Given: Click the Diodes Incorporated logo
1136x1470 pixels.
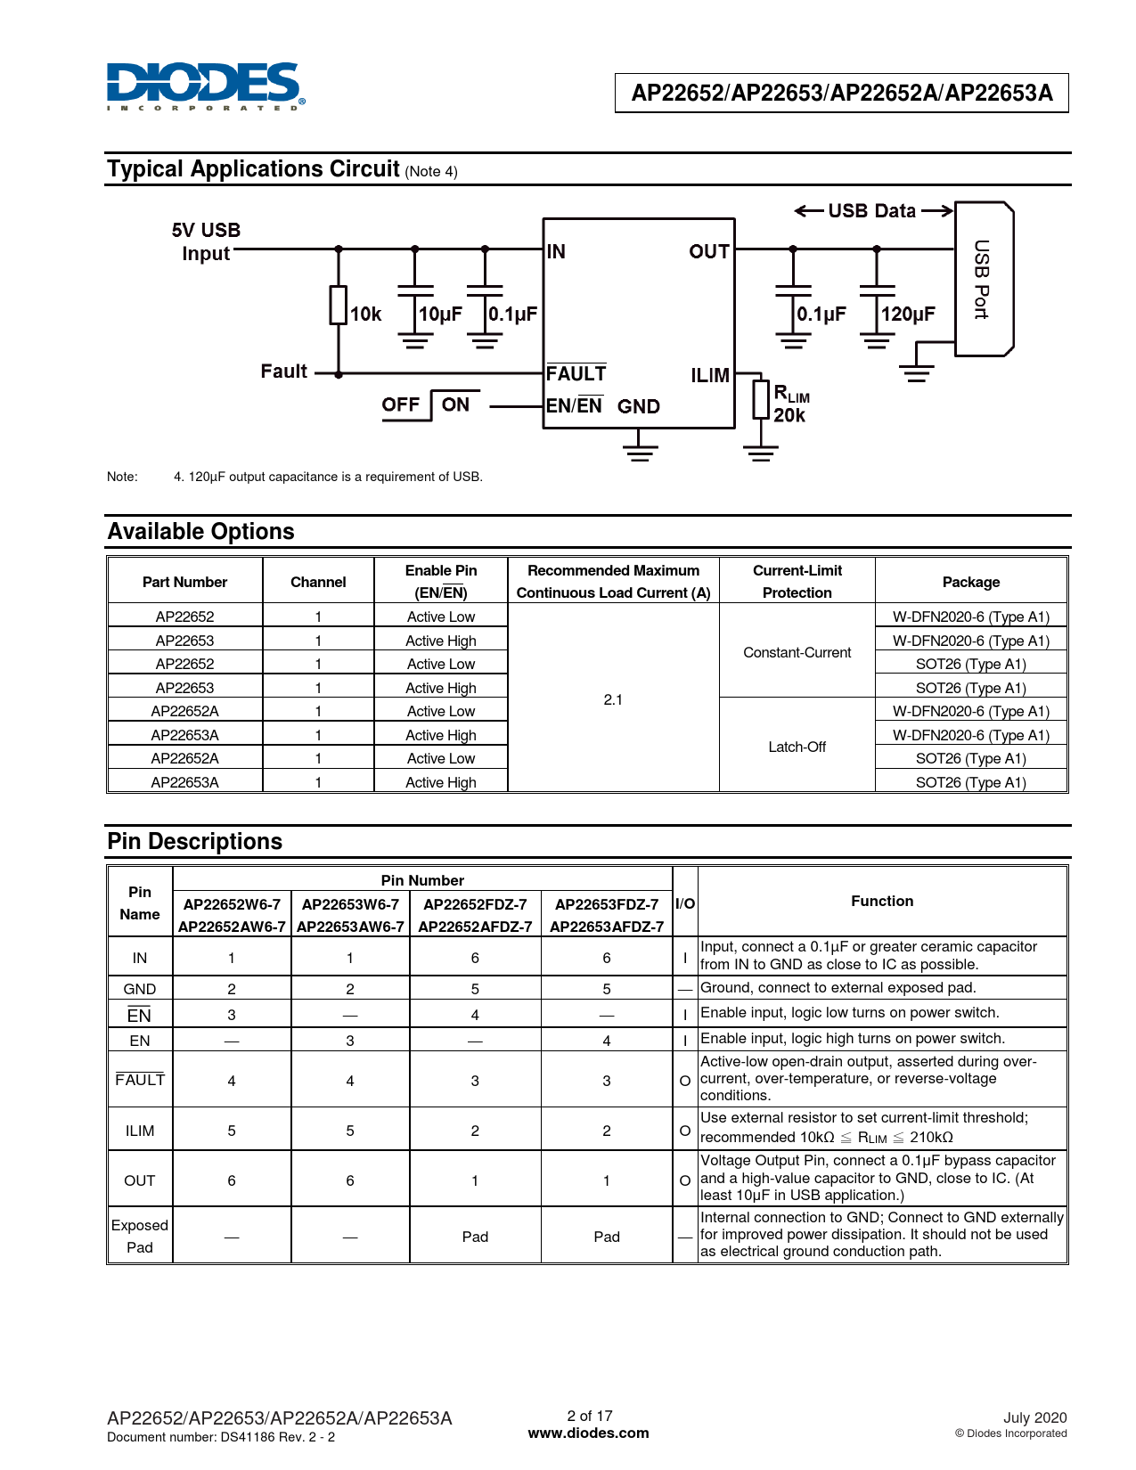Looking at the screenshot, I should (205, 86).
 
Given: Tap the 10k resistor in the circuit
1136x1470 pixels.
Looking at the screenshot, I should (339, 305).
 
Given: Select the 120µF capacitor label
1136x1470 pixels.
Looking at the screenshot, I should (908, 314).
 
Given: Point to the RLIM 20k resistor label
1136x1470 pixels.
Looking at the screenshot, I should (790, 404).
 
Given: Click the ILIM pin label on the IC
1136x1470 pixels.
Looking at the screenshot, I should (710, 376).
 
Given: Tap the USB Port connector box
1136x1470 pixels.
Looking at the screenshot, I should (983, 279).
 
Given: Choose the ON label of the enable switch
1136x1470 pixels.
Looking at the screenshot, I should (455, 404).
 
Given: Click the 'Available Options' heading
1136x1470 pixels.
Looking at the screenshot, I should (201, 532).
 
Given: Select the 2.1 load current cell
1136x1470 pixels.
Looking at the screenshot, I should (613, 699).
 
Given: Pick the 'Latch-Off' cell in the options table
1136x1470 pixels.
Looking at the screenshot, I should (797, 747).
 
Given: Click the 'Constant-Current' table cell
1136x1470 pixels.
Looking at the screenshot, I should (797, 652).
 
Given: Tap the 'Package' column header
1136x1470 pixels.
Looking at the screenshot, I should (970, 582).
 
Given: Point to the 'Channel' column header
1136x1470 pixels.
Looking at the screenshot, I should (318, 582).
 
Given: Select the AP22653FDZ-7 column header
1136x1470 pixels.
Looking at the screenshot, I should (607, 904).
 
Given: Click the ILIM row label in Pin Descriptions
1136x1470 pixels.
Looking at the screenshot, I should (140, 1131).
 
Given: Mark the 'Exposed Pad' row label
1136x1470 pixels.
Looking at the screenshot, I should (140, 1236).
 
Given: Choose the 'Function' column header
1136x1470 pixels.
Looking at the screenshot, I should (882, 901).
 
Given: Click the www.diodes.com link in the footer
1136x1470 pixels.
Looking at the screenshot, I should (588, 1433).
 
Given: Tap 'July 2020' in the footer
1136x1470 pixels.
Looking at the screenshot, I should (1034, 1417).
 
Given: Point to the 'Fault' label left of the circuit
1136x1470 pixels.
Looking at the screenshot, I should (283, 372).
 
